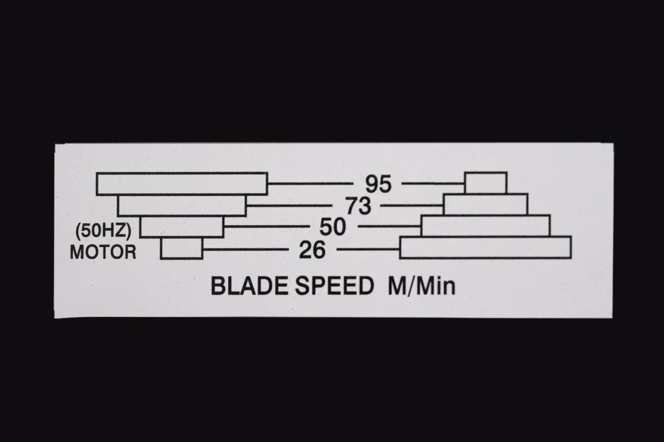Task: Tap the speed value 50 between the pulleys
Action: (x=333, y=227)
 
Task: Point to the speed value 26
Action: (x=312, y=250)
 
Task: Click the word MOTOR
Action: (x=103, y=252)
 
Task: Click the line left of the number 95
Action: (x=310, y=183)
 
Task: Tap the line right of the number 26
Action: (x=368, y=249)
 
